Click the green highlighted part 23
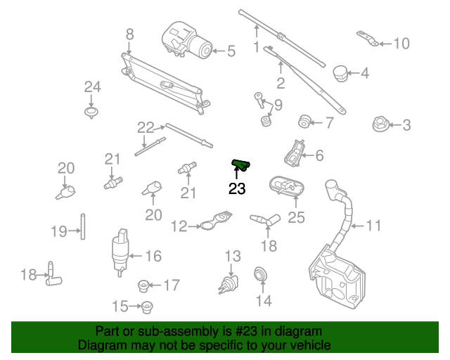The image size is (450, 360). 240,165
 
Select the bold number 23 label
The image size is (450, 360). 237,188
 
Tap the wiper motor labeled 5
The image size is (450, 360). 186,40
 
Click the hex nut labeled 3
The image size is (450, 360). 380,124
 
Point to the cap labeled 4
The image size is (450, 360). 340,74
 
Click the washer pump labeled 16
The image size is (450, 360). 120,252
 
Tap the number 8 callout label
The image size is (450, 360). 129,34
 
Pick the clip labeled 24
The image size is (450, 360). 91,112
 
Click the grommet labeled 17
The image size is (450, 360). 143,286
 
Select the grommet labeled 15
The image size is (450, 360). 147,307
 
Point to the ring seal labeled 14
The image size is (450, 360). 261,275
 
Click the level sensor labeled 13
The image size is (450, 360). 229,285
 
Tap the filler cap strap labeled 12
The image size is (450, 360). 215,221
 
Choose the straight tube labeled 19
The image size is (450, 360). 83,226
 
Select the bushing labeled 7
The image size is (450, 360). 304,122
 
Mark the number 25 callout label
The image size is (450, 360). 296,217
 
